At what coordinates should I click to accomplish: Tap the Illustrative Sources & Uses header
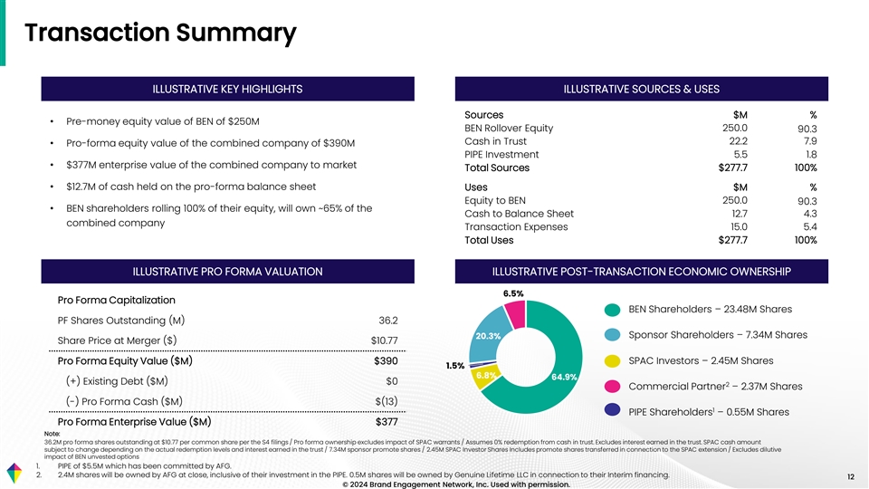641,88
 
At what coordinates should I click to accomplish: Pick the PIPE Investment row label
501,154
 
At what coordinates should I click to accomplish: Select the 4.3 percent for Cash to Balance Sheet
808,214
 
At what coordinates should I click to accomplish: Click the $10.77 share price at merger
385,340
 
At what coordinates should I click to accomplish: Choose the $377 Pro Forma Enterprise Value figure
387,422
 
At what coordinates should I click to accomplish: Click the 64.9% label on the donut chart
565,377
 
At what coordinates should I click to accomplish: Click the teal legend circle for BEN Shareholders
613,309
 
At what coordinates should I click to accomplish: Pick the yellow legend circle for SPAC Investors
613,360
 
